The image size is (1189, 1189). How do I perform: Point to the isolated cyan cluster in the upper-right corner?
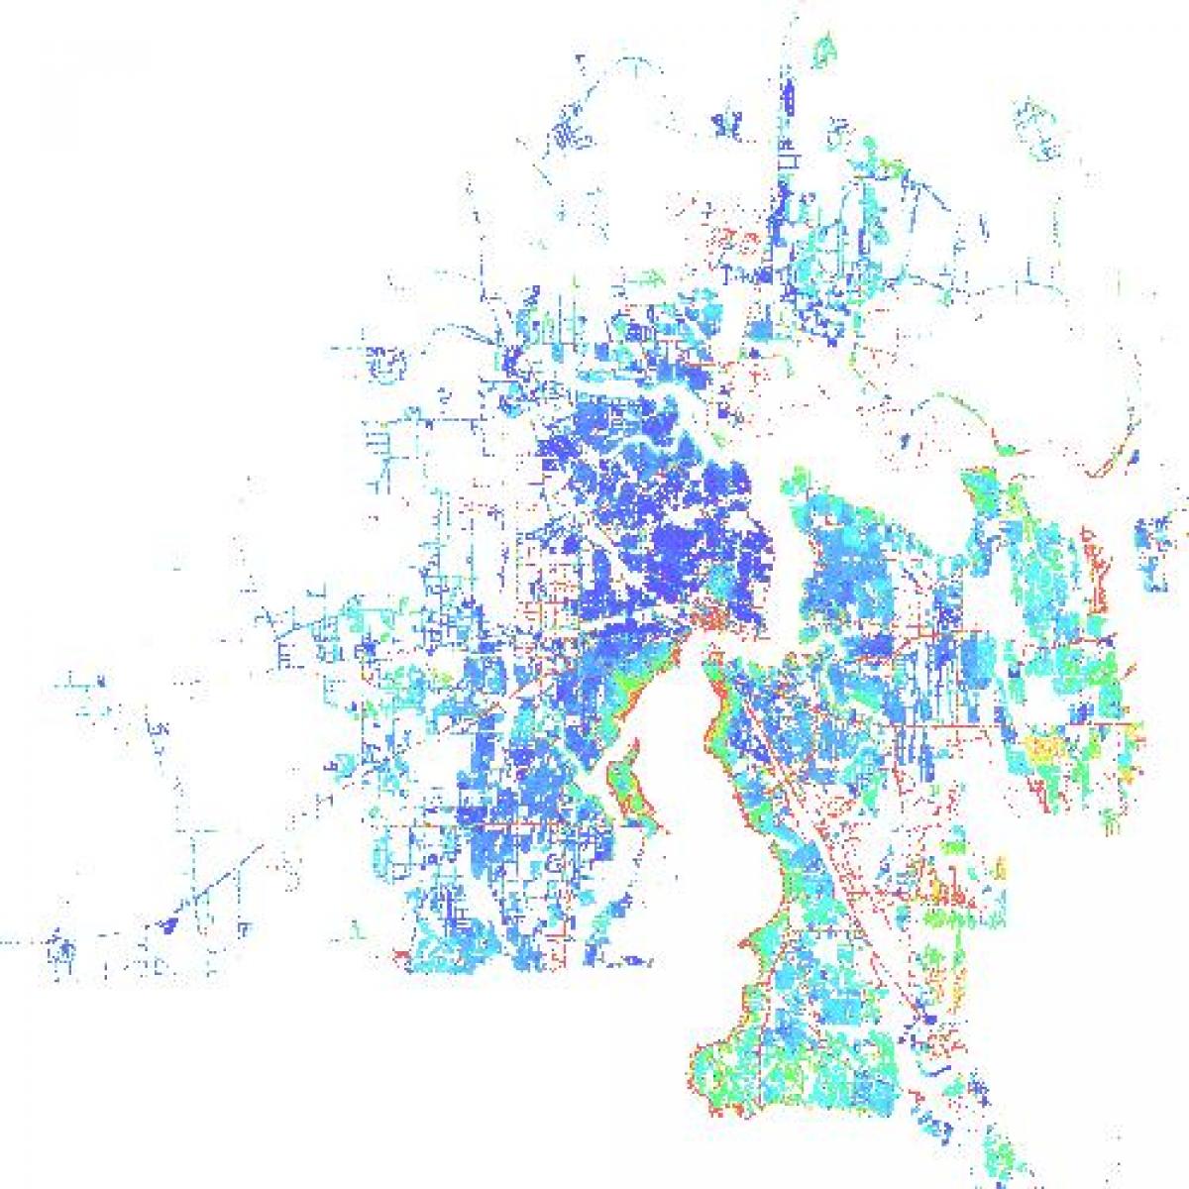tap(1035, 129)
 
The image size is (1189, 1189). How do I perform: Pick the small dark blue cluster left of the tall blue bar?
tap(728, 125)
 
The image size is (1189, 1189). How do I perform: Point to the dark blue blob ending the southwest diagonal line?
tap(166, 925)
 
